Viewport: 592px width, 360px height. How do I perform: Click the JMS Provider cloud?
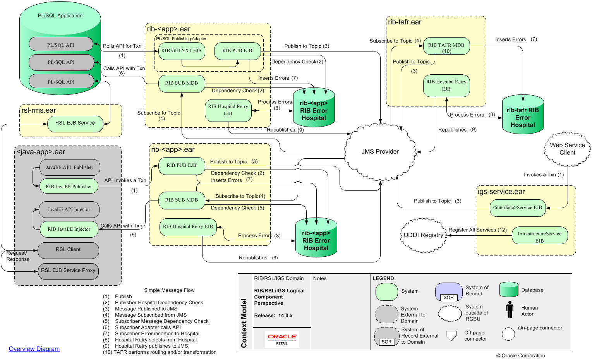(x=379, y=151)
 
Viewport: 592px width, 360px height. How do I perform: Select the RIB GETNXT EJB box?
(x=181, y=51)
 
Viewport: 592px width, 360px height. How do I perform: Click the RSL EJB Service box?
(x=75, y=123)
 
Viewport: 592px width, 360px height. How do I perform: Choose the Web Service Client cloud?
(x=567, y=149)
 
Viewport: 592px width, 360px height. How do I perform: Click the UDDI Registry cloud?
(x=423, y=235)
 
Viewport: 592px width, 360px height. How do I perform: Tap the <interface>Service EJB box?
(x=517, y=207)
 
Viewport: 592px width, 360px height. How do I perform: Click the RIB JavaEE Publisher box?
(x=69, y=187)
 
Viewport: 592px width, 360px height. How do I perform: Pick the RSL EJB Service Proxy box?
(x=68, y=271)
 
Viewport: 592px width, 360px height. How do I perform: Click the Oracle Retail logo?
(x=282, y=339)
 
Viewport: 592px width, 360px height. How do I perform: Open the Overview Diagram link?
(x=34, y=349)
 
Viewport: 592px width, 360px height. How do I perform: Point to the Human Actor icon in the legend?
(x=510, y=310)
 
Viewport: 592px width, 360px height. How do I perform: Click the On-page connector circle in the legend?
(x=508, y=334)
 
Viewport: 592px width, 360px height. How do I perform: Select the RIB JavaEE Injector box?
(x=69, y=229)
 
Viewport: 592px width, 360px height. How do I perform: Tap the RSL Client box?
(x=68, y=250)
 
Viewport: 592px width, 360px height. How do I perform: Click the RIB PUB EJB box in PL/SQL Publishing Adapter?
(x=237, y=51)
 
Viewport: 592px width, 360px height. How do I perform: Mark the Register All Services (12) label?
(x=477, y=230)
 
